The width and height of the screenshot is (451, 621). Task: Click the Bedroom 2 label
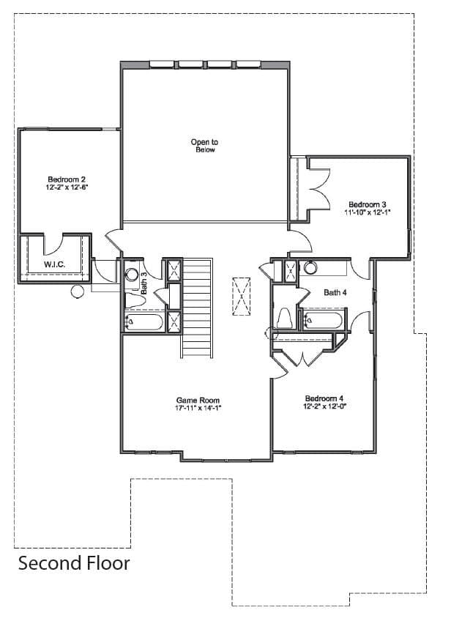(67, 179)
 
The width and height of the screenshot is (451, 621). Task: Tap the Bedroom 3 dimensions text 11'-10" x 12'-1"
(368, 212)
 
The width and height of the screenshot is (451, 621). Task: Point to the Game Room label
(198, 400)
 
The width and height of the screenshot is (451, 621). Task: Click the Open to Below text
(205, 146)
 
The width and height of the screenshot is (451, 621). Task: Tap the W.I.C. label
(55, 264)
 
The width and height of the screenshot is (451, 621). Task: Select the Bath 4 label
(335, 292)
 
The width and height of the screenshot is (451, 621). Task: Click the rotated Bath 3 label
(144, 283)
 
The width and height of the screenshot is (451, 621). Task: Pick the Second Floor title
(74, 562)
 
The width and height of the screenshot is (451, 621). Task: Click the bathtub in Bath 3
(143, 321)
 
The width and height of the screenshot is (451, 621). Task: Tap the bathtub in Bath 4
(324, 320)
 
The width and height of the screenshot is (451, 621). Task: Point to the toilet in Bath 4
(284, 319)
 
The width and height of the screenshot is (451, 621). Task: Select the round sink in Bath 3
(132, 274)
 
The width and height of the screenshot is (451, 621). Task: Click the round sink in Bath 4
(310, 268)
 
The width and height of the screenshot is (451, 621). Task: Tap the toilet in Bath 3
(134, 300)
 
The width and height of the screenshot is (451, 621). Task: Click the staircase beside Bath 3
(197, 308)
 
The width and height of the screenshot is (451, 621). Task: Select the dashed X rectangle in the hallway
(241, 297)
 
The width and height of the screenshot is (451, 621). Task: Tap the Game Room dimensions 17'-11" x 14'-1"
(198, 408)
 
